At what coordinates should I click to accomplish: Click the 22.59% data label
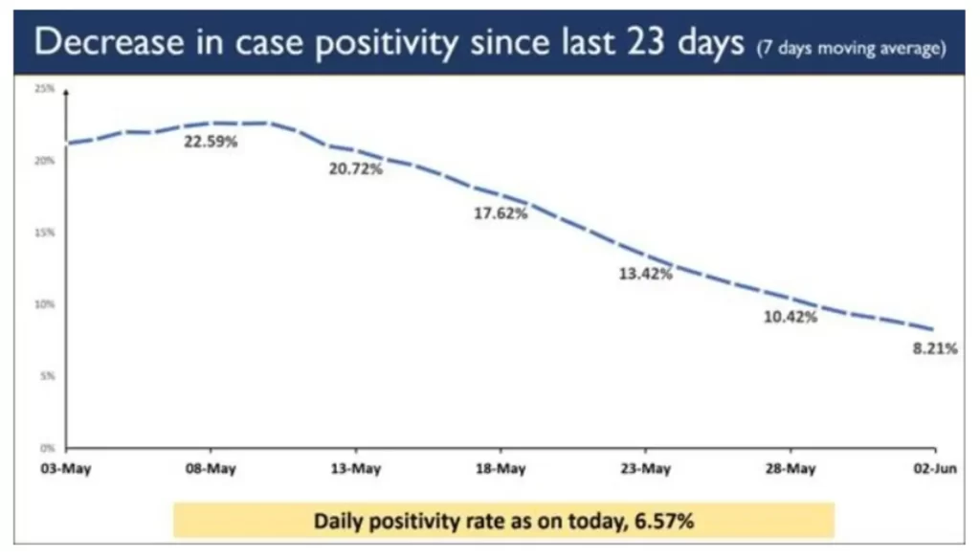tap(211, 143)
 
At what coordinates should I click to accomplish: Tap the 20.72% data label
tap(356, 169)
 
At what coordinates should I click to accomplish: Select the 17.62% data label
tap(501, 213)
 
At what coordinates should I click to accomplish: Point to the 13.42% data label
tap(646, 274)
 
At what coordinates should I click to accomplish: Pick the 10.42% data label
tap(791, 317)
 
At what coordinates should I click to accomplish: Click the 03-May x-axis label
tap(65, 469)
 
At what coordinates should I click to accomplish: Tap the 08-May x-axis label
tap(211, 469)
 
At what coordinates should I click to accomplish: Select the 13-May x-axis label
tap(355, 469)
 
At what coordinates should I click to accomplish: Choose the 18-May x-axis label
tap(501, 469)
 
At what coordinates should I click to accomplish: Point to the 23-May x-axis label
tap(645, 469)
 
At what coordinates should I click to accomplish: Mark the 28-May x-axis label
tap(791, 469)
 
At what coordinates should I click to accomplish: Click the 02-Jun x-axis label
tap(933, 469)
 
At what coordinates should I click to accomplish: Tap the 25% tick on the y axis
tap(44, 89)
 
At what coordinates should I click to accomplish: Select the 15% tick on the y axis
tap(44, 233)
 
